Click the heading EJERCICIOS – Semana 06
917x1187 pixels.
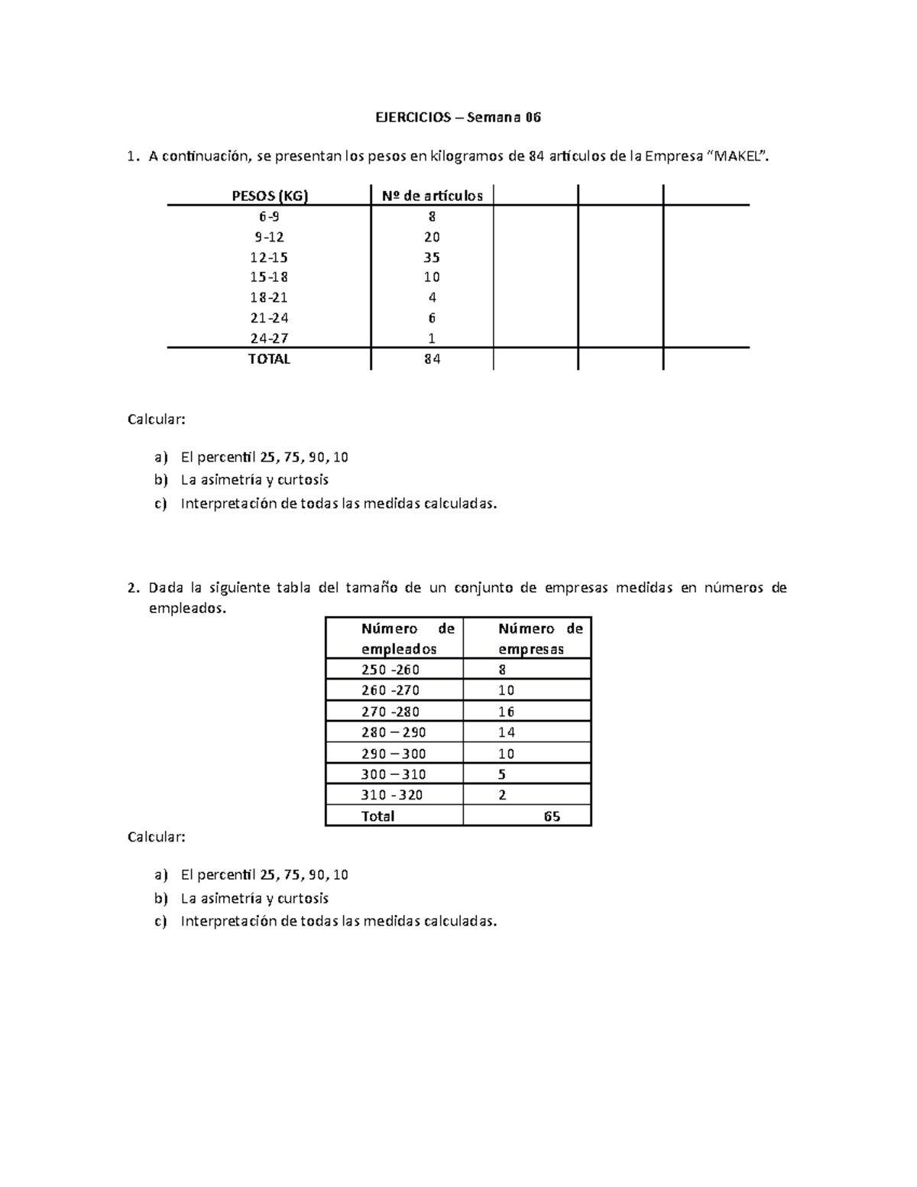[458, 118]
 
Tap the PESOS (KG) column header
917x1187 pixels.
[270, 196]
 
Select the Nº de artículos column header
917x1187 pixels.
[432, 196]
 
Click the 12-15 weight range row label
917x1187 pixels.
[270, 258]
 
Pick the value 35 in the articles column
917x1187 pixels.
[432, 258]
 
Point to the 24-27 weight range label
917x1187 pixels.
[270, 339]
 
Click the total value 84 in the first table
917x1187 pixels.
[432, 359]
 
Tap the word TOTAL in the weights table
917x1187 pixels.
[269, 359]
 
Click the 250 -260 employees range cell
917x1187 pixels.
[390, 670]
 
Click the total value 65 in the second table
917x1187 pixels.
[552, 816]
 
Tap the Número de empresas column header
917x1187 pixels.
[540, 639]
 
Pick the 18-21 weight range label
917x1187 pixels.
[270, 298]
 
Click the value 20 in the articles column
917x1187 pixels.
[432, 237]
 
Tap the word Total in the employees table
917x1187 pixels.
[377, 816]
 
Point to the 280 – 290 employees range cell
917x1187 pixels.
[394, 732]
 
